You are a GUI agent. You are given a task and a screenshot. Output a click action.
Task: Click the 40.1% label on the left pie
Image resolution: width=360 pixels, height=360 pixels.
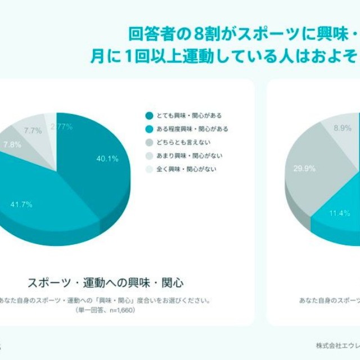[107, 159]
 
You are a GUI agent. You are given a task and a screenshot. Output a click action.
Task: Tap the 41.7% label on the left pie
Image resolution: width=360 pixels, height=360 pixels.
[21, 204]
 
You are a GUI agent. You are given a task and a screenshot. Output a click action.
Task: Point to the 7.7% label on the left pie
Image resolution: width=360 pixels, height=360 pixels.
[33, 130]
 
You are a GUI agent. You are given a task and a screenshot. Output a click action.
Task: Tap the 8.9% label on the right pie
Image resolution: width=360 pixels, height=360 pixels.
[342, 128]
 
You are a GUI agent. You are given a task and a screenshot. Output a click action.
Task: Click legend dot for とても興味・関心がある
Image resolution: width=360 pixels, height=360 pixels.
[149, 116]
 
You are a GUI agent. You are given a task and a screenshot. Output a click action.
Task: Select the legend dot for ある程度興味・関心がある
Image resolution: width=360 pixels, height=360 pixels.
[149, 129]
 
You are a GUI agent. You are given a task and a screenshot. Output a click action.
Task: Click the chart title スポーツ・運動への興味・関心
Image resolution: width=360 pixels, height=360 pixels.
[105, 281]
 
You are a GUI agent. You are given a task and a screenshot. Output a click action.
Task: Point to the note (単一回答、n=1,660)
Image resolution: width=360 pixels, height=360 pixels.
[105, 309]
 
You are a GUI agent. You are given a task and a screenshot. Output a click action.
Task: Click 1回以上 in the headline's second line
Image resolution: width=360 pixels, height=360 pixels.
[143, 56]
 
